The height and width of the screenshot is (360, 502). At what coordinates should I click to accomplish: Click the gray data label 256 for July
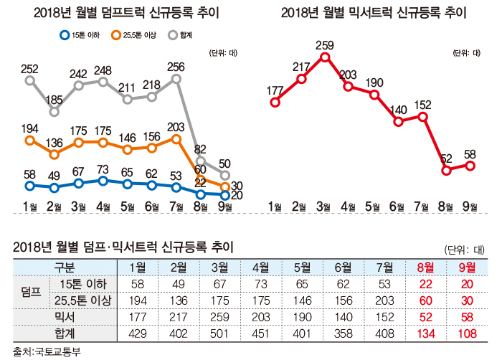(x=175, y=67)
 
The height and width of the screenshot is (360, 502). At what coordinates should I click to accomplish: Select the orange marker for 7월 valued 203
(x=176, y=140)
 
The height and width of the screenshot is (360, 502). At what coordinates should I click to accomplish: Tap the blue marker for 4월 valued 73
(x=103, y=181)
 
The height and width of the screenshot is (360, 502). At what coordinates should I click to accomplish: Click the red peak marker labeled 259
(x=324, y=57)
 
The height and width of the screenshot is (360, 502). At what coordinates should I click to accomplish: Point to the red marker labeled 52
(x=446, y=171)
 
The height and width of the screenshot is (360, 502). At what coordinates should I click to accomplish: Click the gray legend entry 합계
(x=183, y=34)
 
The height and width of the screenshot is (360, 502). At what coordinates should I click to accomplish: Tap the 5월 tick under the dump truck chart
(x=128, y=207)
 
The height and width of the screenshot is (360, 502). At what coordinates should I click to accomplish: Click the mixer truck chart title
(x=374, y=12)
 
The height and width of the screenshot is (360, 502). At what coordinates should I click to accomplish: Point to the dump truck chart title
(x=126, y=12)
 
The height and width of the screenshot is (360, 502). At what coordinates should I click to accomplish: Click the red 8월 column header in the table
(x=425, y=267)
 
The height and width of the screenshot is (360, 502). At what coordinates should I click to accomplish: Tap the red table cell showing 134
(x=425, y=332)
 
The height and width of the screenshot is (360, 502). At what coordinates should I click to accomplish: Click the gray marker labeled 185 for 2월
(x=55, y=111)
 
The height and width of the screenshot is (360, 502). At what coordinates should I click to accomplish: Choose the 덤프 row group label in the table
(x=29, y=292)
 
